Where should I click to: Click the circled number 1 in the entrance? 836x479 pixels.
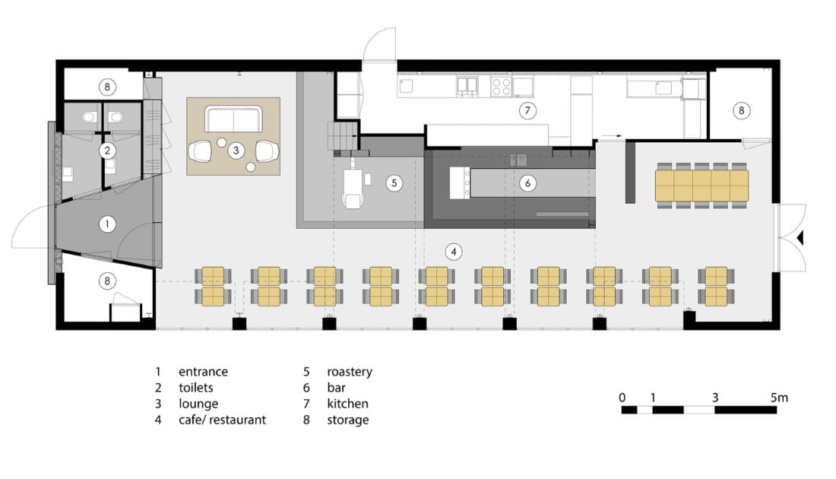(x=107, y=224)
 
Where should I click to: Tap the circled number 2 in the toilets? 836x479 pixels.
(x=107, y=151)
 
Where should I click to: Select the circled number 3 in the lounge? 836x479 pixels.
(x=236, y=151)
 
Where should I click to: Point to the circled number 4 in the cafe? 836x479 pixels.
(x=453, y=252)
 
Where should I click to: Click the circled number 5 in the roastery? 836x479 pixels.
(x=394, y=183)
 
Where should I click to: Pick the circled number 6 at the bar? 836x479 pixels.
(x=528, y=183)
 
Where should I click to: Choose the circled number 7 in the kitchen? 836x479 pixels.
(x=528, y=110)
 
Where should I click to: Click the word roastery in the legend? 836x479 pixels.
(x=350, y=373)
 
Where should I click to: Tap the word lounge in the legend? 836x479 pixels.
(x=198, y=404)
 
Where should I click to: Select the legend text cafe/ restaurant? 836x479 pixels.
(x=223, y=420)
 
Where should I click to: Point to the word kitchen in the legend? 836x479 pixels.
(x=347, y=404)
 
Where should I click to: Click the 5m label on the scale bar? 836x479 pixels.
(x=779, y=398)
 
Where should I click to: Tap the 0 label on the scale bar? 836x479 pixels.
(x=622, y=398)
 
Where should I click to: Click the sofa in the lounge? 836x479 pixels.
(x=233, y=119)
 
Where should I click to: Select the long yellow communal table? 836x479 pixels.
(x=701, y=186)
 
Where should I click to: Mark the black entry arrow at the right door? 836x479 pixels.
(x=800, y=237)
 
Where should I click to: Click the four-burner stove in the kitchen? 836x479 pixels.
(x=501, y=87)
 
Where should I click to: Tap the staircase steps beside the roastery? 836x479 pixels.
(x=341, y=136)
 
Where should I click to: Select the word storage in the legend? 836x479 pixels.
(x=347, y=420)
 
